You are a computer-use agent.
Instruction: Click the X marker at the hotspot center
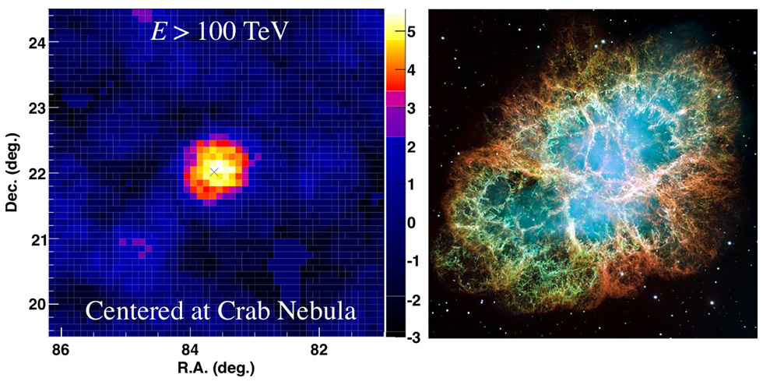coord(214,171)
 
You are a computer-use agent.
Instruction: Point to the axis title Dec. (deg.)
coord(12,172)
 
